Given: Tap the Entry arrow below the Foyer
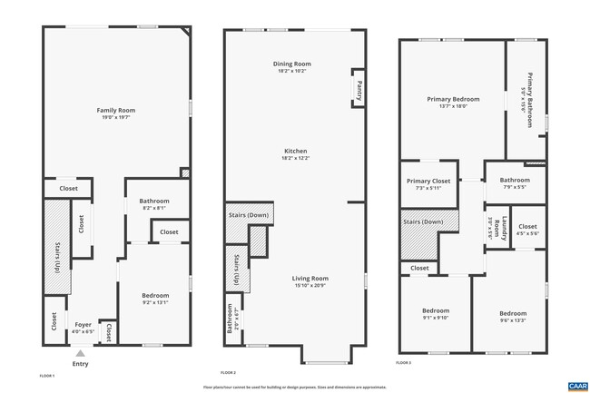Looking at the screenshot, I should tap(81, 353).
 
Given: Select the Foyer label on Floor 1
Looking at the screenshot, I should tap(83, 324).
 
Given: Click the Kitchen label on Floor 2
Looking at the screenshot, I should tap(296, 151).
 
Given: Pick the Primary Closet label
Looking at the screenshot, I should tap(428, 181).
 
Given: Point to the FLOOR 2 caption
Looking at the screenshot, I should tap(228, 373).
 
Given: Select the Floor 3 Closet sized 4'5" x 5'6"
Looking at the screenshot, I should tap(527, 230).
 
